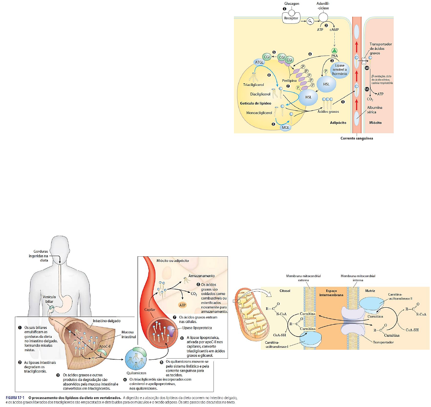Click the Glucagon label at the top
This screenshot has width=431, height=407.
click(292, 4)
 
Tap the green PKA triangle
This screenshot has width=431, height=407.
click(334, 51)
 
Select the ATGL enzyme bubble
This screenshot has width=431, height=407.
click(259, 62)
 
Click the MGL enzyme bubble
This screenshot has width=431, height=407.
click(285, 127)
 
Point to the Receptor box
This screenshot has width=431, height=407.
click(291, 18)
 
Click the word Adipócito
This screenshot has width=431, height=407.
click(338, 122)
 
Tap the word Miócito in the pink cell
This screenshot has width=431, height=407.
click(375, 122)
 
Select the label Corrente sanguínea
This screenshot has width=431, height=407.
click(356, 138)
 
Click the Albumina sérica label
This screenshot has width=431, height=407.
click(374, 110)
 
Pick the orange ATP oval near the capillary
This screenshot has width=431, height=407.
click(182, 305)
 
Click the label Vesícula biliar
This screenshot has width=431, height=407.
click(49, 299)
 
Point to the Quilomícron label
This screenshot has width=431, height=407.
click(136, 373)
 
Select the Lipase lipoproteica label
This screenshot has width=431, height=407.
click(197, 328)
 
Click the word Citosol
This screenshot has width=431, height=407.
click(284, 291)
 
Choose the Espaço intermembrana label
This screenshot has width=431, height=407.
click(331, 293)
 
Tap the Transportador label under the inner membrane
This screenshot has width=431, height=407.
click(383, 342)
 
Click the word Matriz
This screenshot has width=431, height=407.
click(370, 291)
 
